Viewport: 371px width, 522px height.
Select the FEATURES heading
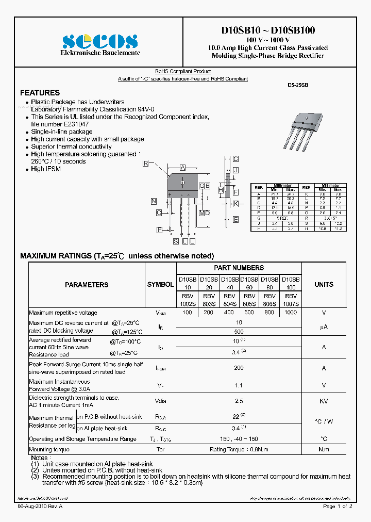(40, 93)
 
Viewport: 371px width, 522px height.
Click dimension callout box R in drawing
(146, 163)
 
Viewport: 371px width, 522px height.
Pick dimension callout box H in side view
(220, 190)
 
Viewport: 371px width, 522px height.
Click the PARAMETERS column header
(87, 285)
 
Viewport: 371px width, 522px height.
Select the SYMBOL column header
(160, 285)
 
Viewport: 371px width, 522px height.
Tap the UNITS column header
(324, 285)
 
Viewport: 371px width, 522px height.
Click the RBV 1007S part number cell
(291, 300)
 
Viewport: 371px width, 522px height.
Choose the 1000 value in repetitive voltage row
(291, 313)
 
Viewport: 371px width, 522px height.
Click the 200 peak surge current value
(239, 368)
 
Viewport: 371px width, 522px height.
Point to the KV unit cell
(324, 401)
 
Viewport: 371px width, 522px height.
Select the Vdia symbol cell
(160, 401)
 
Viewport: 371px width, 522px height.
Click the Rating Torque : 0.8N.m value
(239, 449)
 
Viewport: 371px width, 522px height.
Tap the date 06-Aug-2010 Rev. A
(40, 507)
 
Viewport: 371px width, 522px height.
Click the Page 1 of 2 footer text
(338, 507)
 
